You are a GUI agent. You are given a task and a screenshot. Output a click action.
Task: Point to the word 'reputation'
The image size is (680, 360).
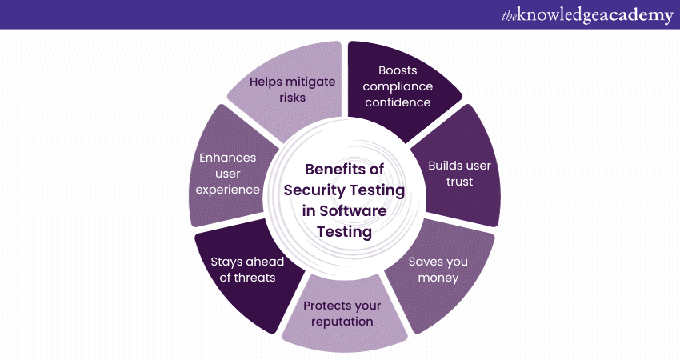click(x=342, y=322)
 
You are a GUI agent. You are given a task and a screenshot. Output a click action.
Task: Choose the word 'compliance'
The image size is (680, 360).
click(x=405, y=86)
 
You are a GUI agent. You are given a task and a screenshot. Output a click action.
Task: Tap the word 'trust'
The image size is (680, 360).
click(x=460, y=181)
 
